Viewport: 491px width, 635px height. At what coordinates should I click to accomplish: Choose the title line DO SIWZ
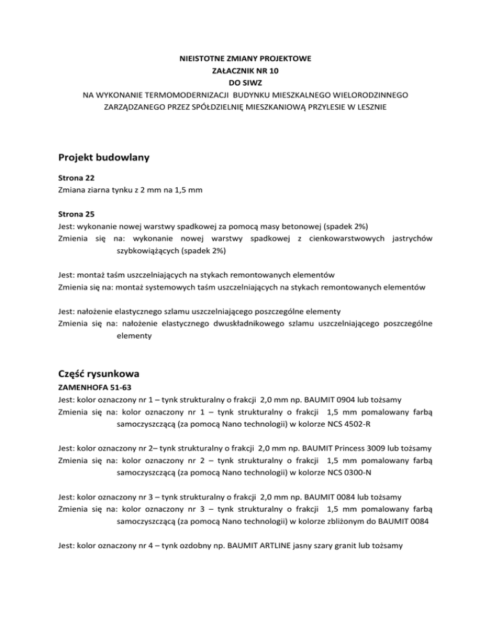245,83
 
